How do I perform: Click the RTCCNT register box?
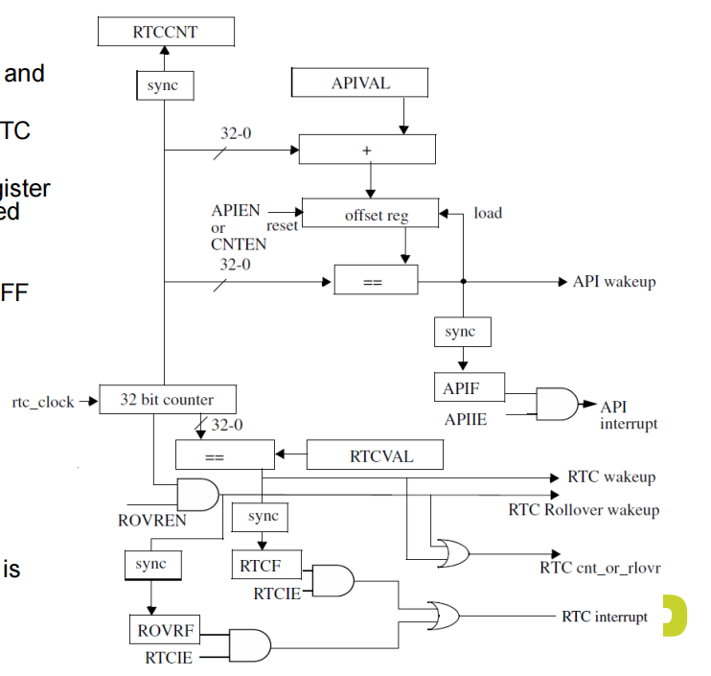(x=166, y=33)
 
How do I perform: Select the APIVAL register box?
(x=360, y=82)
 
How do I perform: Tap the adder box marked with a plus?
(x=367, y=150)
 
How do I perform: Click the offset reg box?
(x=370, y=214)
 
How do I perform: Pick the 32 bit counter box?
(x=167, y=400)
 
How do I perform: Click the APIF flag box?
(x=461, y=389)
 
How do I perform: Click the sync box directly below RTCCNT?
(x=166, y=85)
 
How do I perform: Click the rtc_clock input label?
(x=42, y=402)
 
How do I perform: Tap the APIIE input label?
(x=468, y=419)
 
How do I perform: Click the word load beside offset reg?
(x=487, y=213)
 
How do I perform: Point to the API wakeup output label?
(x=614, y=282)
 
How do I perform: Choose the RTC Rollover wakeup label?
(x=584, y=509)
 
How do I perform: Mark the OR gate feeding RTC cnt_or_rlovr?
(x=452, y=551)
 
